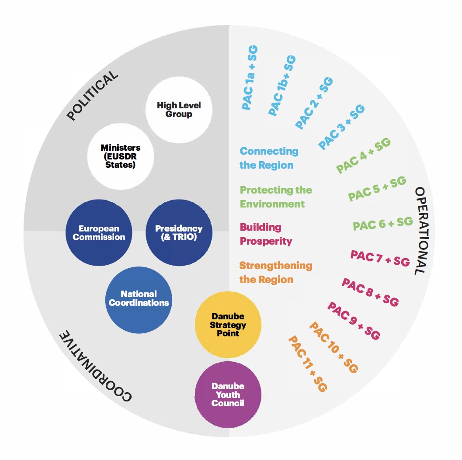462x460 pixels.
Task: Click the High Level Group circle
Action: point(178,110)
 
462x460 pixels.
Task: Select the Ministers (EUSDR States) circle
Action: point(121,156)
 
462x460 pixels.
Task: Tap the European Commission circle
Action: point(99,232)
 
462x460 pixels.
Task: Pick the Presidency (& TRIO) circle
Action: point(179,232)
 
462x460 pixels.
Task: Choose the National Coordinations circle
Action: point(139,298)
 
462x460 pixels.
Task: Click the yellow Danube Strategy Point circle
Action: point(228,325)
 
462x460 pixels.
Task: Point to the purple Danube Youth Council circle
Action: point(228,394)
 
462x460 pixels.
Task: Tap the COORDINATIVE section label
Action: point(94,366)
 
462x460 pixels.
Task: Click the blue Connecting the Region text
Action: point(268,158)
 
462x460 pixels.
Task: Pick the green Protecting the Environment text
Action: point(276,197)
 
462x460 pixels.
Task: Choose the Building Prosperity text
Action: point(266,234)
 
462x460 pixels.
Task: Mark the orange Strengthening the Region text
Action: point(275,273)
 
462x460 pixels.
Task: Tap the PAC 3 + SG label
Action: point(342,127)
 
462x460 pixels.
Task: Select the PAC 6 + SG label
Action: point(383,224)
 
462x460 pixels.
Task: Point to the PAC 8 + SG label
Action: point(370,292)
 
